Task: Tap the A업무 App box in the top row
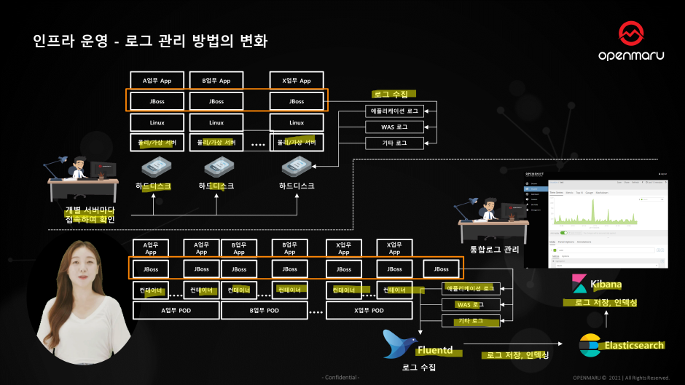click(156, 81)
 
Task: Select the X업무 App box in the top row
click(297, 81)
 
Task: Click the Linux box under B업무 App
click(216, 122)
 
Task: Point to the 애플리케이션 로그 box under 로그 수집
click(394, 111)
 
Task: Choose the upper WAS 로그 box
click(394, 127)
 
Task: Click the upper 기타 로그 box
click(394, 143)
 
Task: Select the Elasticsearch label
click(633, 345)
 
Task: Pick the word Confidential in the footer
click(341, 377)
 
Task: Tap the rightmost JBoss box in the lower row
click(441, 269)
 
